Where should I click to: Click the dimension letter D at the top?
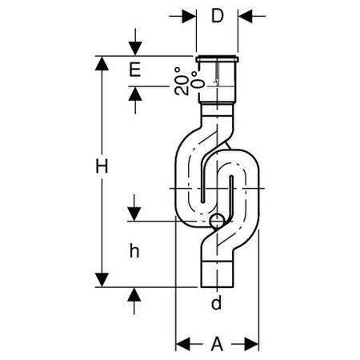coord(217,16)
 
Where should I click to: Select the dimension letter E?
coord(135,70)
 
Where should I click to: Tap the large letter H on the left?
coord(102,166)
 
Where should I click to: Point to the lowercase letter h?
coord(134,251)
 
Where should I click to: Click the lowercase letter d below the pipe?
coord(216,302)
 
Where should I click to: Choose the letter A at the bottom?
coord(217,344)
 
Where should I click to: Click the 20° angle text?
coord(182,82)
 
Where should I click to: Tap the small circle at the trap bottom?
coord(217,221)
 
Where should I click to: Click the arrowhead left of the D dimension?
coord(189,16)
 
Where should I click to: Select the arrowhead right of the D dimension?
coord(246,16)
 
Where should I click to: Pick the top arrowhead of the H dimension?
coord(102,63)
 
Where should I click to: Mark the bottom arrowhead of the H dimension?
coord(102,280)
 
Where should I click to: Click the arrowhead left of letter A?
coord(183,344)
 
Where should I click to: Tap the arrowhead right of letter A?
coord(251,344)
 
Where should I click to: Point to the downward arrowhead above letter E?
coord(135,49)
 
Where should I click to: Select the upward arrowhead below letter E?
coord(135,94)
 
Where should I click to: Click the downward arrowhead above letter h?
coord(134,214)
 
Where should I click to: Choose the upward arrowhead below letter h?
coord(134,294)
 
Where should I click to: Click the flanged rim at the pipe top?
coord(217,59)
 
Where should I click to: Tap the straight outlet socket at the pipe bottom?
coord(217,274)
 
